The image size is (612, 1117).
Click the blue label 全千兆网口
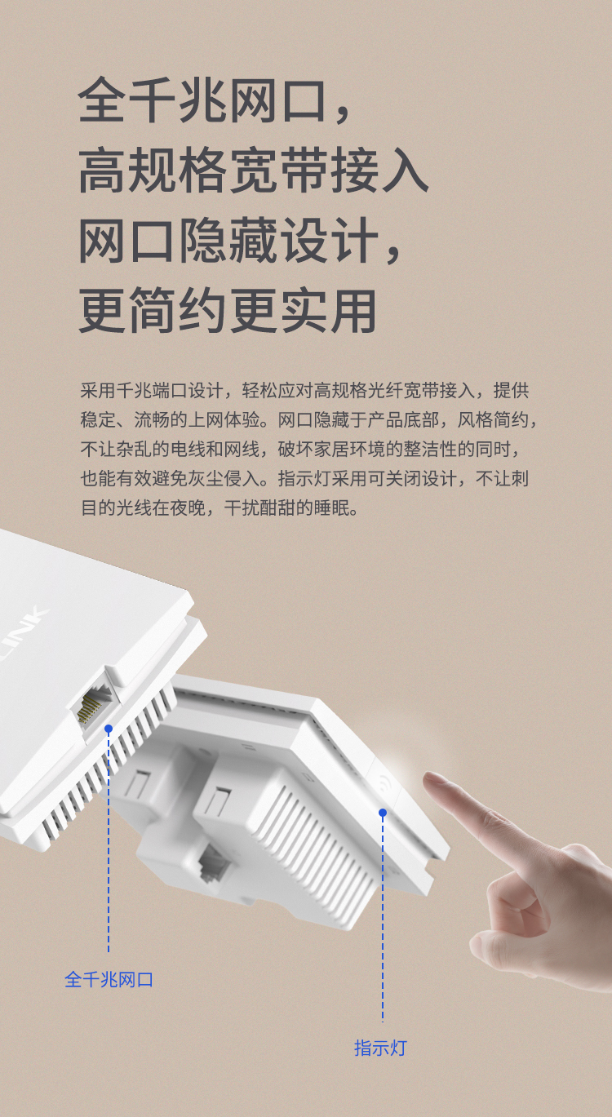tap(109, 980)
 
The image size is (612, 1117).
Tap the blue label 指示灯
tap(380, 1048)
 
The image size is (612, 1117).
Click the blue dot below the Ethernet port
tap(109, 729)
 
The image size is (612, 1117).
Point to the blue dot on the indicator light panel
tap(383, 813)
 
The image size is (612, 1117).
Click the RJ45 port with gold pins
tap(95, 704)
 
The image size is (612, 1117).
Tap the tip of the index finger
tap(428, 778)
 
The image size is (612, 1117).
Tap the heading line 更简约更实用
tap(228, 311)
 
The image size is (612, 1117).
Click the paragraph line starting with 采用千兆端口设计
tap(304, 391)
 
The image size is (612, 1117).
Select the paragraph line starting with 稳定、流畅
tap(308, 420)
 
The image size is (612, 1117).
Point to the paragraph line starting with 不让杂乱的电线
tap(299, 450)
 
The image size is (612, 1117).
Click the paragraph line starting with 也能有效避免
tap(304, 479)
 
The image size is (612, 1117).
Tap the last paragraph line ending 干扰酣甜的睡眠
tap(220, 508)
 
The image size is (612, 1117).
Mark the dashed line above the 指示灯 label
tap(383, 919)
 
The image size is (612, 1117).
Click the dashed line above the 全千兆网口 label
tap(109, 843)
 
